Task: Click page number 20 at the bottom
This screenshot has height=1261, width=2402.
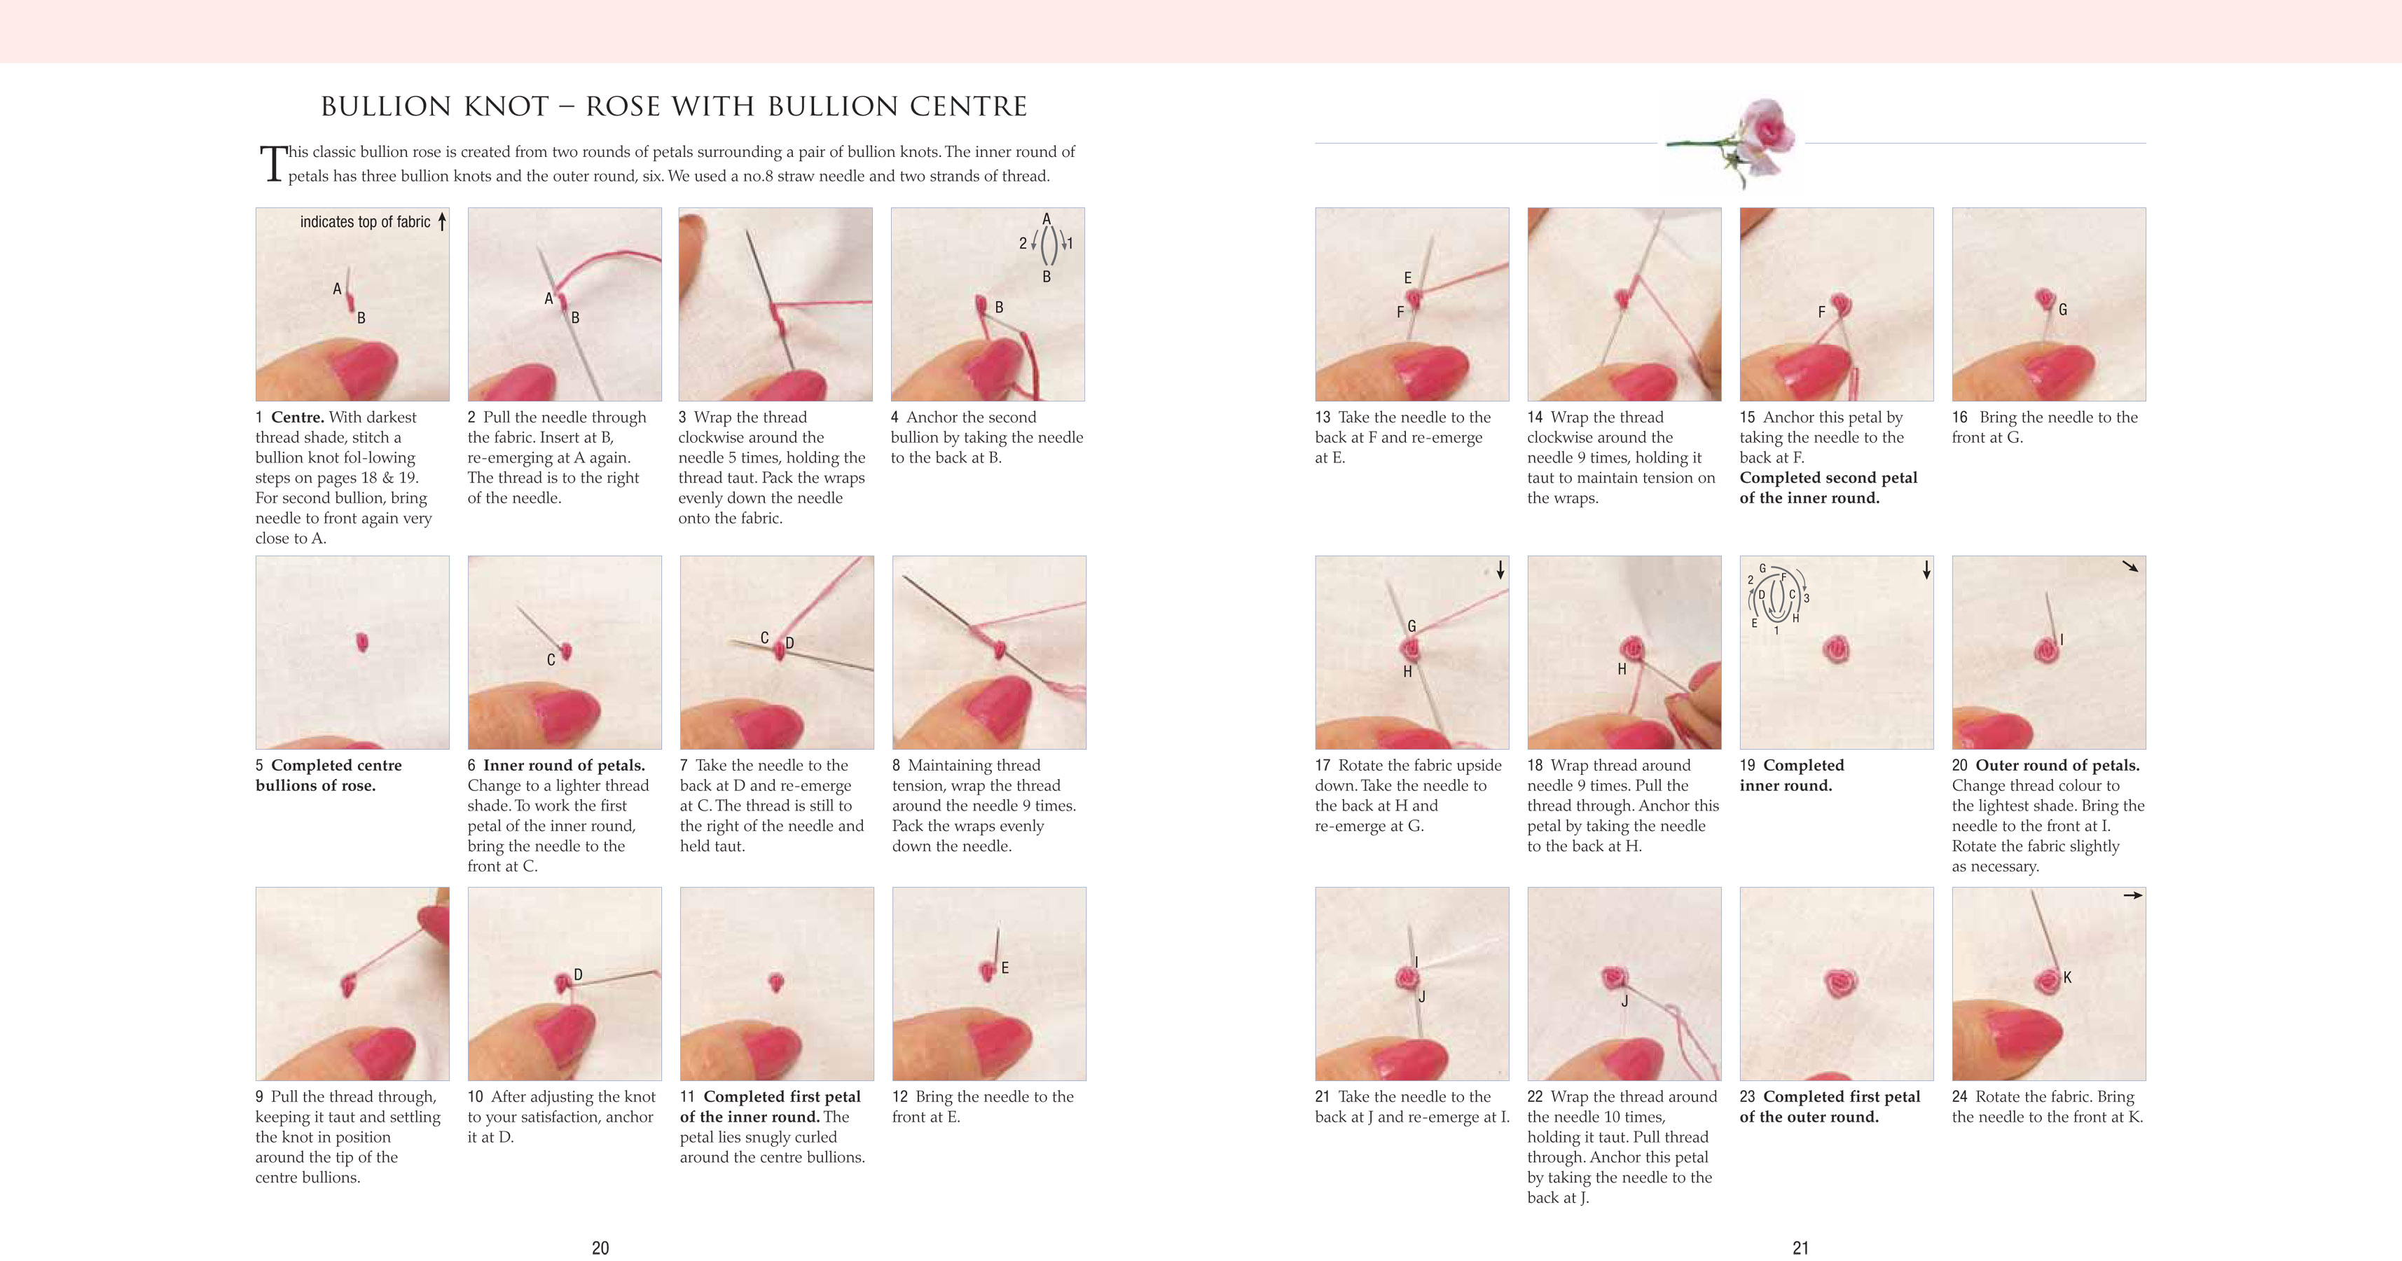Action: coord(600,1247)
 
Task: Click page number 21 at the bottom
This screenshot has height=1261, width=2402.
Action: coord(1800,1247)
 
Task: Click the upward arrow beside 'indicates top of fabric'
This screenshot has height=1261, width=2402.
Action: coord(442,221)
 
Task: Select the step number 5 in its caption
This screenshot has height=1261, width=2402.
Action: coord(259,765)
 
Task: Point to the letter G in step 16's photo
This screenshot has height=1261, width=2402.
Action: coord(2062,310)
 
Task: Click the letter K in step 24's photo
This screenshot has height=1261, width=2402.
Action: coord(2067,977)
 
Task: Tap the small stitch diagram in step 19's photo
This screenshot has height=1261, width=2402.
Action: coord(1777,598)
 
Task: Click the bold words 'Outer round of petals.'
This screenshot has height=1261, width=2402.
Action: coord(2057,765)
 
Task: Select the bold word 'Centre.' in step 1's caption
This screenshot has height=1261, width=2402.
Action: coord(298,417)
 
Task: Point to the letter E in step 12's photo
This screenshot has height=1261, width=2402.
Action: coord(1005,968)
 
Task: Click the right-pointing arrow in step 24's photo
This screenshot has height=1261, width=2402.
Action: coord(2132,895)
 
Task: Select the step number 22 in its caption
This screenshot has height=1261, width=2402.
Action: coord(1535,1097)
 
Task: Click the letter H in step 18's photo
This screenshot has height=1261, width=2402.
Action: coord(1622,669)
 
